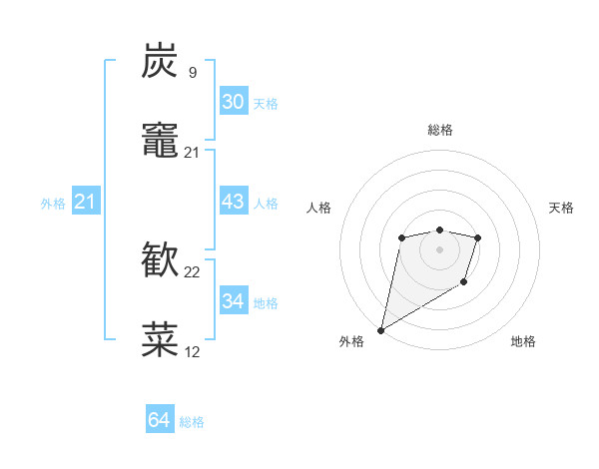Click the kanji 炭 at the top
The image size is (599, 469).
[x=160, y=61]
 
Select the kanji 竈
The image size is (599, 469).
[x=160, y=141]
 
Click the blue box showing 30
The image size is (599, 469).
[x=233, y=102]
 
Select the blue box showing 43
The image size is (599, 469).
[x=233, y=202]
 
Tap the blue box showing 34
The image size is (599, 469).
[x=233, y=301]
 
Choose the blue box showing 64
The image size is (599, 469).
[x=159, y=420]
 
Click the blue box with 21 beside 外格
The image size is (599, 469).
[x=85, y=203]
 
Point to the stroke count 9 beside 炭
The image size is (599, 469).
[x=192, y=72]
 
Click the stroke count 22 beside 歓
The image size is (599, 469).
[x=193, y=271]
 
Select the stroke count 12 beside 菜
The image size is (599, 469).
[x=193, y=351]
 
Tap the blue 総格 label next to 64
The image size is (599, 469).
[x=192, y=422]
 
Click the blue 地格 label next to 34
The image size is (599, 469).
[x=266, y=303]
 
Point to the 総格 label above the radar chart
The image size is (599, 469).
[x=439, y=130]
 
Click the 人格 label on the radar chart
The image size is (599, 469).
[x=319, y=208]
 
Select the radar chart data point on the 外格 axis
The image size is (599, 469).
[x=380, y=329]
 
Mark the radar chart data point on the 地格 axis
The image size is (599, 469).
[x=464, y=283]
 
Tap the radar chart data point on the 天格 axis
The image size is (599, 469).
[x=478, y=237]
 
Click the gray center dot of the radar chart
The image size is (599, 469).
[x=439, y=248]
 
